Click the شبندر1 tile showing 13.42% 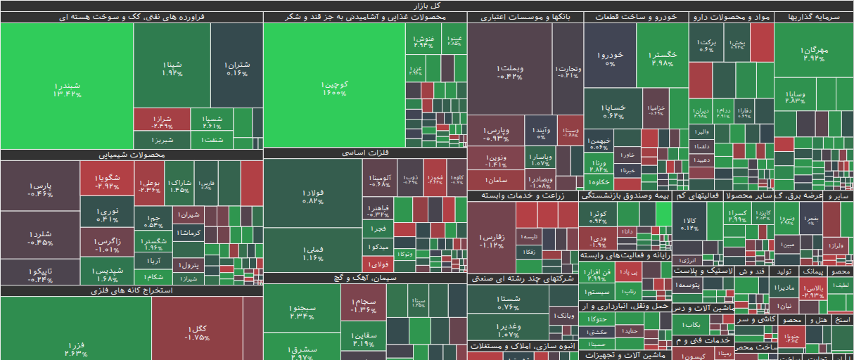coord(67,88)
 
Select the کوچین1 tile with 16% coord(335,88)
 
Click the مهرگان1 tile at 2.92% coord(813,53)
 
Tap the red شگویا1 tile coord(106,181)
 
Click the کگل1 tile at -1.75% coord(198,332)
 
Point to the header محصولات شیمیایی coord(132,154)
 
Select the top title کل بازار coord(427,6)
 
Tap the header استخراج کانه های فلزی coord(132,290)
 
